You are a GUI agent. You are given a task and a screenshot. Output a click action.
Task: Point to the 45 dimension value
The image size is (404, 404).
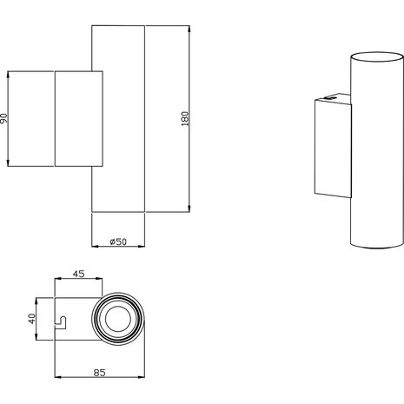[78, 275]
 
